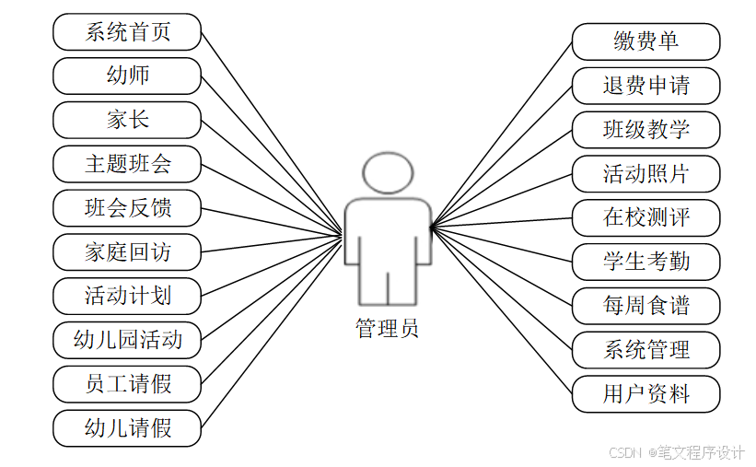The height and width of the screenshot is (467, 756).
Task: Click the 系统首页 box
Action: click(127, 32)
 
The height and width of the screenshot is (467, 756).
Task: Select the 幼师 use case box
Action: click(127, 76)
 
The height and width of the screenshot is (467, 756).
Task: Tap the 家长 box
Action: click(127, 120)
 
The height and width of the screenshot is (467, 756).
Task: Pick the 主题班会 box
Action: click(127, 164)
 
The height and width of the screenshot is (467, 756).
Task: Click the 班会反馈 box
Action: click(127, 208)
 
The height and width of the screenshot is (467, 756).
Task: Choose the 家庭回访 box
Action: click(127, 252)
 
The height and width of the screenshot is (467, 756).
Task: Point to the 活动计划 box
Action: click(127, 297)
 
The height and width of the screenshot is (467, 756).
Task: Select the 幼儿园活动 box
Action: click(127, 341)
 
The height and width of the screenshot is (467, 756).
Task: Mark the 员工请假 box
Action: click(127, 384)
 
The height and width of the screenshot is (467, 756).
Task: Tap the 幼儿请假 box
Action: click(127, 428)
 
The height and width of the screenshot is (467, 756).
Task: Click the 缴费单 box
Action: click(646, 41)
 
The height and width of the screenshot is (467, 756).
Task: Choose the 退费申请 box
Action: click(646, 86)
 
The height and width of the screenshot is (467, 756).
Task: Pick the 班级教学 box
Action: click(646, 130)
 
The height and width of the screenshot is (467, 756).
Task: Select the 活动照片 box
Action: click(646, 174)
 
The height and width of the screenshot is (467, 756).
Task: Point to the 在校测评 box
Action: click(646, 218)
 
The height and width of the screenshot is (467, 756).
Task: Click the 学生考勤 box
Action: click(646, 262)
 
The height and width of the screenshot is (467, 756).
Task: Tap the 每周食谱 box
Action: click(646, 306)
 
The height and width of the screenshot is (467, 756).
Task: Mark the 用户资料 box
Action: click(646, 394)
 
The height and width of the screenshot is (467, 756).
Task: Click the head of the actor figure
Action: click(388, 172)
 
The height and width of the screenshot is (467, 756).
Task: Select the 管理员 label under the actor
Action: click(387, 328)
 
